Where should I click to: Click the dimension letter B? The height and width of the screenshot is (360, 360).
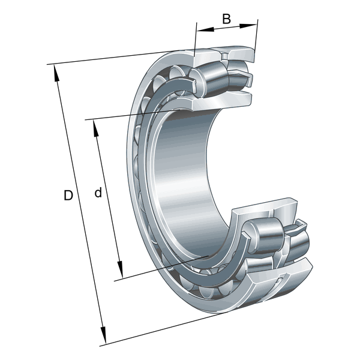[x=226, y=19]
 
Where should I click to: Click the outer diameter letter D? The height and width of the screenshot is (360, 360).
[x=68, y=196]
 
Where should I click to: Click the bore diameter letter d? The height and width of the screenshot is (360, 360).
[x=98, y=193]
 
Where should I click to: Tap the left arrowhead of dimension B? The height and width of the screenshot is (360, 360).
[x=206, y=29]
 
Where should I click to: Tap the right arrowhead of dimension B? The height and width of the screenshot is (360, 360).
[x=248, y=25]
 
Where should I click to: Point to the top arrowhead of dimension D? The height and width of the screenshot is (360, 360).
[x=56, y=73]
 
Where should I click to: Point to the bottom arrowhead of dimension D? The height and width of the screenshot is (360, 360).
[x=104, y=335]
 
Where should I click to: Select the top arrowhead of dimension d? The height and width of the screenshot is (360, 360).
[x=96, y=129]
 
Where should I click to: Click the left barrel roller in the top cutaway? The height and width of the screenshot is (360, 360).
[x=210, y=79]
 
